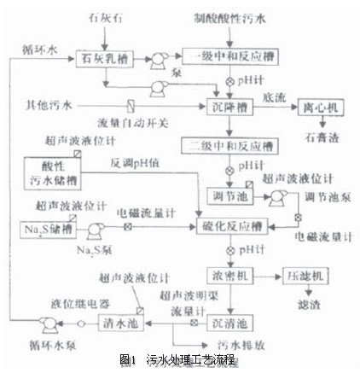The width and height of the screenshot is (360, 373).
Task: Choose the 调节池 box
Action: point(228,196)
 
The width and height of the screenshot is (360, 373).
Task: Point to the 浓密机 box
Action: point(228,277)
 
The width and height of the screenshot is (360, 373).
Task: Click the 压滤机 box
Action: point(308,277)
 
